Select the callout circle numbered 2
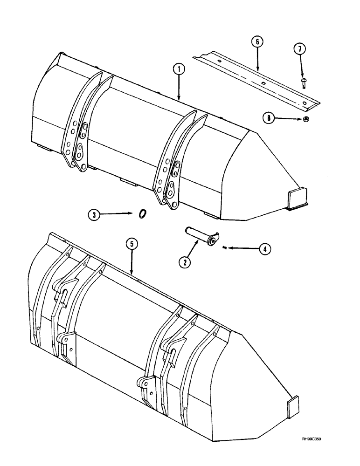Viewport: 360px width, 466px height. pos(185,262)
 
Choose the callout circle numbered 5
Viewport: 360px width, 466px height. pos(132,243)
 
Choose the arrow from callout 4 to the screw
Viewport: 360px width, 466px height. pos(242,249)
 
